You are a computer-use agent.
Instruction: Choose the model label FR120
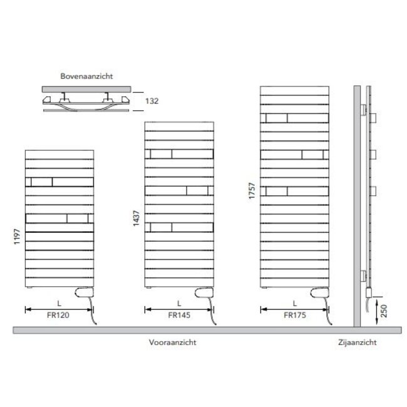[58, 316]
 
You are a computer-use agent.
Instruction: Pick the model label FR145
[178, 316]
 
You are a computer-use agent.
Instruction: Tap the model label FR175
[294, 316]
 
